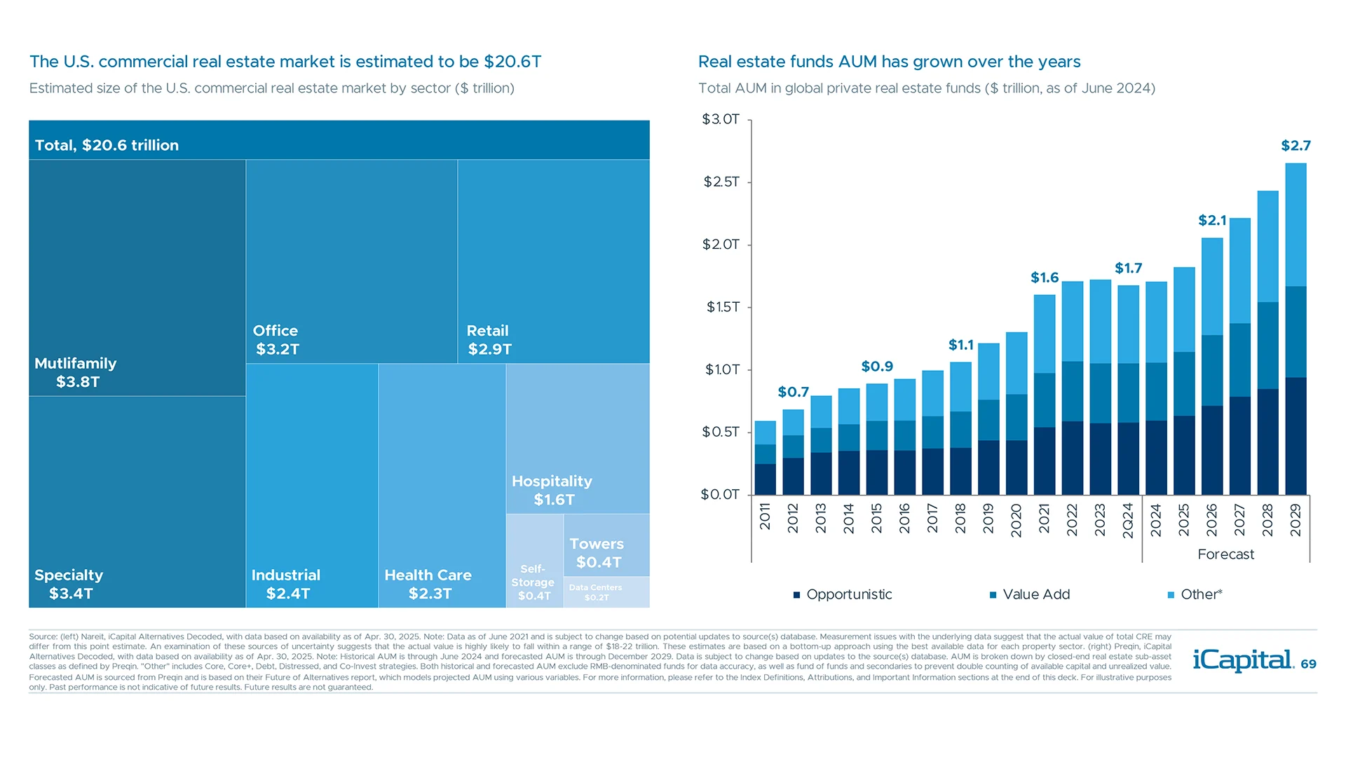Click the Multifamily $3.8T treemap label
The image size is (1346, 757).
[76, 373]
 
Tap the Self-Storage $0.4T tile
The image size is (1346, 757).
[533, 582]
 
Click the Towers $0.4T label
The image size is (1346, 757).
[597, 553]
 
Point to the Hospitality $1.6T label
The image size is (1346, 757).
[552, 490]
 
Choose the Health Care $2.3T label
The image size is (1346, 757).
[428, 584]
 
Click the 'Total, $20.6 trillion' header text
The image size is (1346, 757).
[107, 145]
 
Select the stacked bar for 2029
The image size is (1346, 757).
[1296, 329]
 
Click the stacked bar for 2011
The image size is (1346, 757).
[765, 458]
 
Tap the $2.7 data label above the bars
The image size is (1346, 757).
[1296, 146]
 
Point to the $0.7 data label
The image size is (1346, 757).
[793, 392]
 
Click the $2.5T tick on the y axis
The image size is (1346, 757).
[721, 182]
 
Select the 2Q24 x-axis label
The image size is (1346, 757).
[1128, 520]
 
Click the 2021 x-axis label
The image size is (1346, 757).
[1044, 518]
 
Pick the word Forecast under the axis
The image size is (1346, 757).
[1225, 554]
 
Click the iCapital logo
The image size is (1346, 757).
[1243, 660]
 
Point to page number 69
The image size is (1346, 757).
[1308, 664]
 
